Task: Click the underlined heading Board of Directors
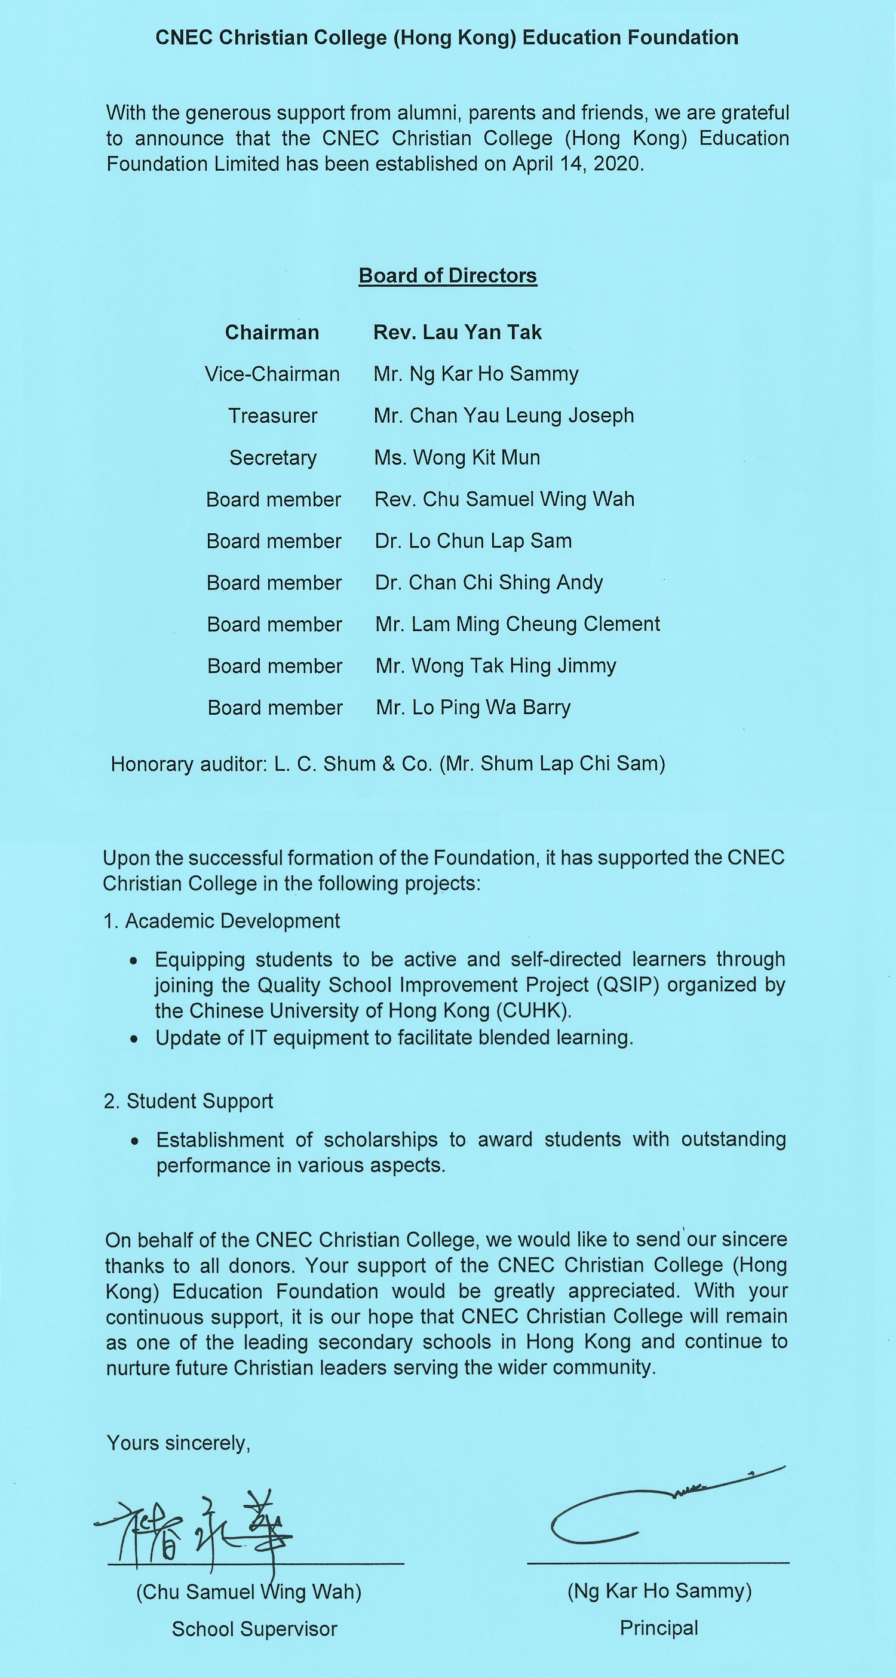[x=447, y=275]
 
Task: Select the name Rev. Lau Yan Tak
[x=457, y=332]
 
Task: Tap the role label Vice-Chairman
[x=272, y=374]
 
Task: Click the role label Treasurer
[x=272, y=416]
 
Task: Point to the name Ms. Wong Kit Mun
[x=457, y=457]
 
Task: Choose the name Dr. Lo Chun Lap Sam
[x=473, y=540]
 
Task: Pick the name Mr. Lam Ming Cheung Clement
[x=517, y=624]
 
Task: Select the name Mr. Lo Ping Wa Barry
[x=473, y=708]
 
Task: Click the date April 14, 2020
[x=578, y=164]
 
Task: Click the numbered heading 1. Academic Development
[x=222, y=921]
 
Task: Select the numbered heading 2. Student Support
[x=188, y=1101]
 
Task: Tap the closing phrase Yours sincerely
[x=179, y=1443]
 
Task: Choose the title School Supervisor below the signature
[x=254, y=1628]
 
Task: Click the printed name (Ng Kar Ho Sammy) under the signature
[x=659, y=1591]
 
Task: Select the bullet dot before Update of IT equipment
[x=134, y=1039]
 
